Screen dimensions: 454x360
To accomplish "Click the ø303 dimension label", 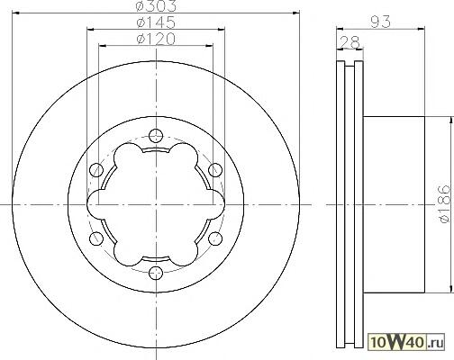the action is (156, 5).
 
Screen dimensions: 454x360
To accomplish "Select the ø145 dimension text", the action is (156, 22).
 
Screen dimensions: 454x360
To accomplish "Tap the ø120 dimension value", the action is (156, 39).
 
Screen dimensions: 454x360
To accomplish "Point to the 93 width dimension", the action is (380, 22).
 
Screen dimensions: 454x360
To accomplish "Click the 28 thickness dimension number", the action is (350, 42).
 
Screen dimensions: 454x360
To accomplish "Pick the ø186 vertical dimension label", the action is (445, 204).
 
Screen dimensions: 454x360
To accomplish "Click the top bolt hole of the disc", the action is (156, 135).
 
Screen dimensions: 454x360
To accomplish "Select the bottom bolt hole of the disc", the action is (156, 273).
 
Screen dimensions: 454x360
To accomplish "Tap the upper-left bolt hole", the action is (96, 170).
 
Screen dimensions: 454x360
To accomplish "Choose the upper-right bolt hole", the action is (215, 170).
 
